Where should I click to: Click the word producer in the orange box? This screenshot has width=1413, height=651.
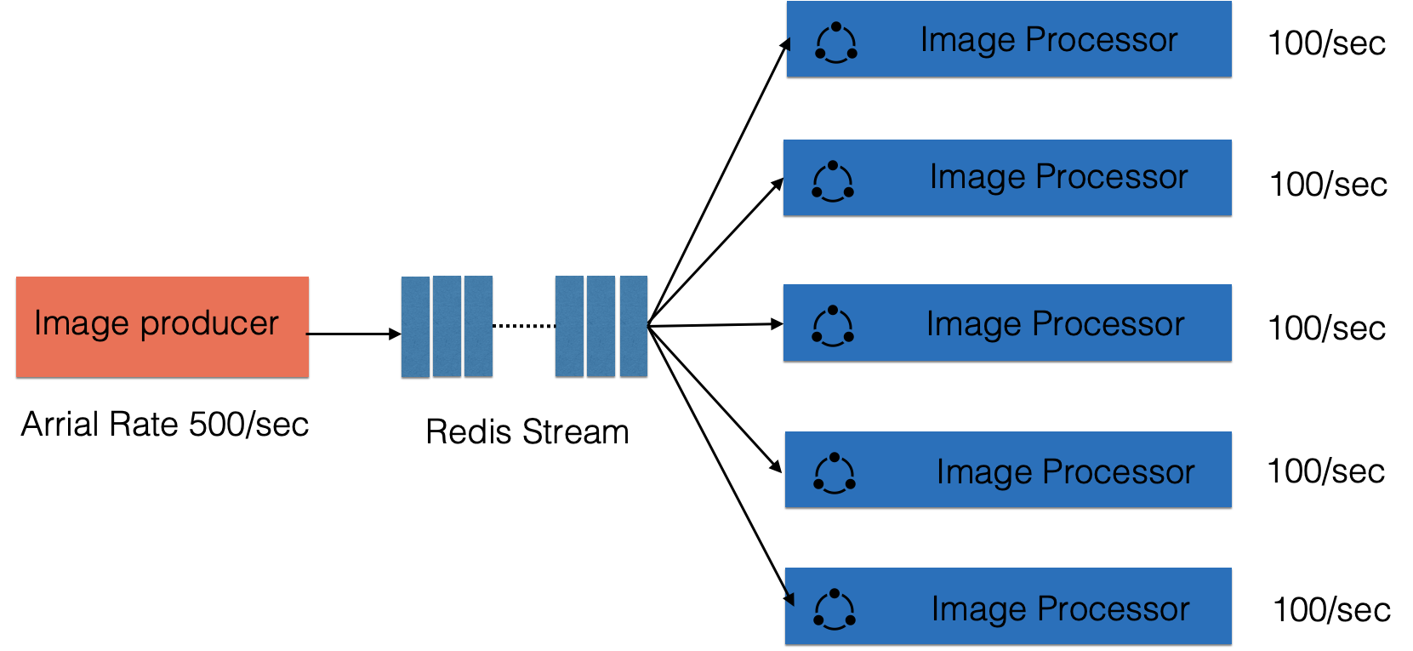[x=209, y=324]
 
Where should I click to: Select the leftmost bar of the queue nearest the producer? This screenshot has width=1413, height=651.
[x=415, y=326]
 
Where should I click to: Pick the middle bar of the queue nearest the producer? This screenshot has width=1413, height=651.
[x=447, y=326]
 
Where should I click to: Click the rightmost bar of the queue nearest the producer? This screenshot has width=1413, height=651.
[x=478, y=326]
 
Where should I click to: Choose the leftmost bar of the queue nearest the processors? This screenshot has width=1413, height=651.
[x=569, y=326]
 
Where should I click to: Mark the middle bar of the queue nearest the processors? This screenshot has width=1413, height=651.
[x=601, y=326]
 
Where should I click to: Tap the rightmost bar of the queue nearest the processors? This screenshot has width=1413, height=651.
[x=634, y=326]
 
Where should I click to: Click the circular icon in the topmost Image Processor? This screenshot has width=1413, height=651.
[x=835, y=43]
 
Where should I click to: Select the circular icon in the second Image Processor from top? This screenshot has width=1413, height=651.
[x=833, y=181]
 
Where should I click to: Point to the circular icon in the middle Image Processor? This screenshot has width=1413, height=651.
[x=833, y=326]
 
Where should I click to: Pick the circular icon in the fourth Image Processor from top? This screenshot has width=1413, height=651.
[x=835, y=473]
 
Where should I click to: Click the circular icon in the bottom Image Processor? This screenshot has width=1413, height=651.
[x=835, y=609]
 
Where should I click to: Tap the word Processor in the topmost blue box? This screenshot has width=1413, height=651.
[x=1102, y=40]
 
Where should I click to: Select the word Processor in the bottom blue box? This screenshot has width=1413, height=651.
[x=1113, y=609]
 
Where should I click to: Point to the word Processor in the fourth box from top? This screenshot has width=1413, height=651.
[x=1119, y=472]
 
